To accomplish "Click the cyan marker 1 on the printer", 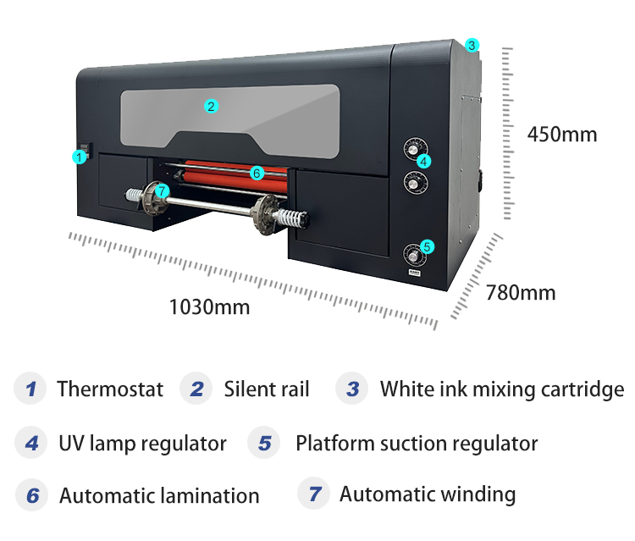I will [x=78, y=157].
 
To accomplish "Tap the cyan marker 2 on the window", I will [x=212, y=106].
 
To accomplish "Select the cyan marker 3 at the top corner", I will [x=472, y=44].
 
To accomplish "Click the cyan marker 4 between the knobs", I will [x=423, y=161].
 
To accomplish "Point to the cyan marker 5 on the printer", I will [x=427, y=246].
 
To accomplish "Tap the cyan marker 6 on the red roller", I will [x=257, y=173].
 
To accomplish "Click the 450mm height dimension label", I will [x=561, y=135].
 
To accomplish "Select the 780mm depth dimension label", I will [x=521, y=293].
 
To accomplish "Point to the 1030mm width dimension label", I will [x=209, y=306].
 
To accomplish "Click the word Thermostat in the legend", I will [x=110, y=389].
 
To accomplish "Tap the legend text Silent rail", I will [x=267, y=389].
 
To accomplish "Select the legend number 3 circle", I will [x=352, y=389].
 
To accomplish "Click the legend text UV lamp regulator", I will [x=142, y=443].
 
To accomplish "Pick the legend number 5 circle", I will [x=264, y=443].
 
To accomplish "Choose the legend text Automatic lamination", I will [x=159, y=495].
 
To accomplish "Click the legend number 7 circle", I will [x=315, y=494].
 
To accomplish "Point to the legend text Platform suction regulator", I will [x=417, y=443].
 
